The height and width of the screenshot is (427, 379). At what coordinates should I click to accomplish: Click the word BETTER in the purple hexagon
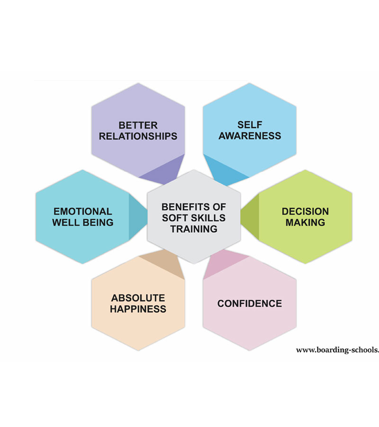(x=138, y=125)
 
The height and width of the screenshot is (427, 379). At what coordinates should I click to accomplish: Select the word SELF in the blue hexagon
(x=250, y=125)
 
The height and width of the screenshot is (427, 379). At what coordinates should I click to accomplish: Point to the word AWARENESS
(x=250, y=136)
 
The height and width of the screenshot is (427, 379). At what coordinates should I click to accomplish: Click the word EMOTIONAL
(x=83, y=211)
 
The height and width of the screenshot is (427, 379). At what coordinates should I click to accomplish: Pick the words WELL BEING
(x=83, y=222)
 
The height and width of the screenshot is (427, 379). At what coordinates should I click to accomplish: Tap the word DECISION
(x=305, y=211)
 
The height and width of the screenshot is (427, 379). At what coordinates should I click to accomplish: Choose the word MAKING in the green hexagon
(x=305, y=222)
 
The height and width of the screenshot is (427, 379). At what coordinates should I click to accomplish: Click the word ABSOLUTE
(x=138, y=298)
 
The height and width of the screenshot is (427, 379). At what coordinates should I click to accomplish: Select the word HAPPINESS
(x=138, y=309)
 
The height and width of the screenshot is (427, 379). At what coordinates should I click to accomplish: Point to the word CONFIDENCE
(x=250, y=303)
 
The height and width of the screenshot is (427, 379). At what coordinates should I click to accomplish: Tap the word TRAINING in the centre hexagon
(x=194, y=229)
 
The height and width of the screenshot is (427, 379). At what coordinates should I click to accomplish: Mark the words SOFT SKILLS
(x=194, y=218)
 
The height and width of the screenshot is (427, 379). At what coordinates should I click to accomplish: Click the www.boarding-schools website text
(x=337, y=350)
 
